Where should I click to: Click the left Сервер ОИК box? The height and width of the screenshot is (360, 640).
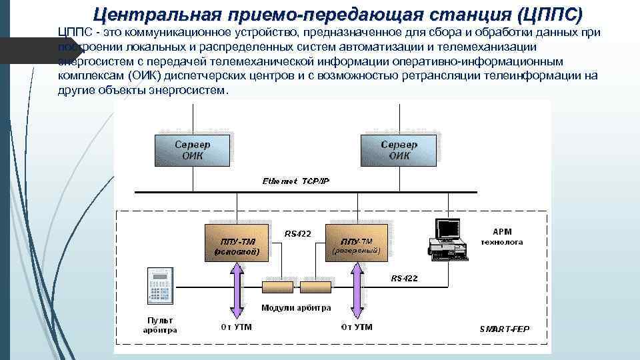coord(193,150)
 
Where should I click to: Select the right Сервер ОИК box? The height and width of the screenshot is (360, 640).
coord(399,150)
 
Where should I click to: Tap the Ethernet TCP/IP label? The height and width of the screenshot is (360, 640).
coord(296,181)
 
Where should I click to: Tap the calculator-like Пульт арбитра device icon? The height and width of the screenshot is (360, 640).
coord(160,287)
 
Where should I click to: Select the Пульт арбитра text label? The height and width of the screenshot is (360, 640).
coord(159,325)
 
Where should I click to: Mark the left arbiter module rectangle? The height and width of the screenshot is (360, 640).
coord(279,287)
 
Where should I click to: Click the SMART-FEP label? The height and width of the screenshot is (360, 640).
coord(505,329)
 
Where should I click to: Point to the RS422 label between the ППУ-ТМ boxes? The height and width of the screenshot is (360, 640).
coord(298,233)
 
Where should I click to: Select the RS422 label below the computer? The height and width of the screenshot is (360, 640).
coord(404,278)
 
